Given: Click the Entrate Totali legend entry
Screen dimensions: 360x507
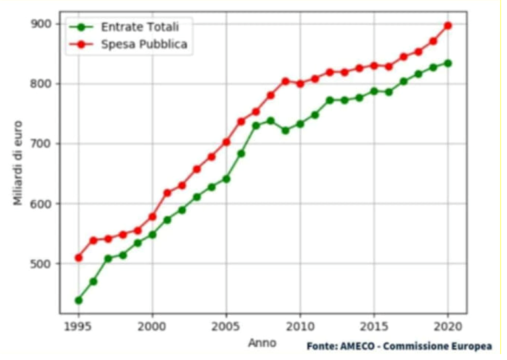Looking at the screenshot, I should [140, 26].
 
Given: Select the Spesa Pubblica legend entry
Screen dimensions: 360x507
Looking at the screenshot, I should [144, 45].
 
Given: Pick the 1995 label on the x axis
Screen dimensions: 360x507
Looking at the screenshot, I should [79, 326].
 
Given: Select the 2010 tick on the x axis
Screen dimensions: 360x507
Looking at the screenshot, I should [300, 326].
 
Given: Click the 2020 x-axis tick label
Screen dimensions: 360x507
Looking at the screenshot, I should [447, 326].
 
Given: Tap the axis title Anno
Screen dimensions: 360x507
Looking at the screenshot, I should [262, 343].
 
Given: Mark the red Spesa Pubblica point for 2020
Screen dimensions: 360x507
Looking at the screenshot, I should [448, 25].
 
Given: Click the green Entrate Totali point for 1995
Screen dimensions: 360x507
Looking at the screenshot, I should [79, 300].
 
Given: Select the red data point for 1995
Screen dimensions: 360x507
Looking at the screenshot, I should [79, 257].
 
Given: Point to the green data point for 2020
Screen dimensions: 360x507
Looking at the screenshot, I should [448, 63].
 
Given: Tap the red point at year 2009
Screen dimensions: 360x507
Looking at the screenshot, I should [285, 81].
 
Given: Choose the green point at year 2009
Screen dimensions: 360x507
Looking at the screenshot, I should [285, 130].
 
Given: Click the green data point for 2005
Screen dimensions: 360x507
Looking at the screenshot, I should [226, 179].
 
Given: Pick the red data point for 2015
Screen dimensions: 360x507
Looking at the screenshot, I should [374, 66].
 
